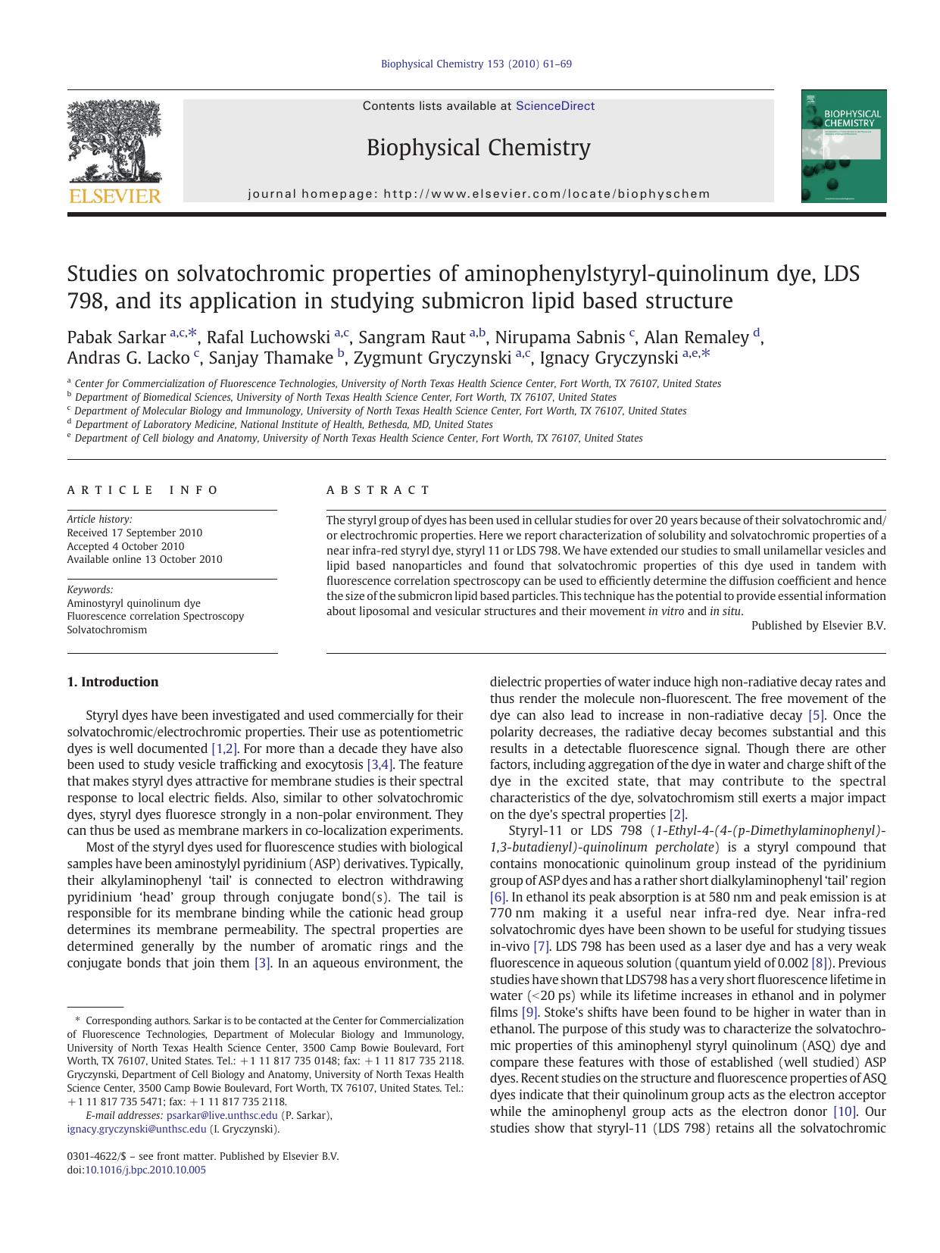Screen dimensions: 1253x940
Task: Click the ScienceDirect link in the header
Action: pos(554,106)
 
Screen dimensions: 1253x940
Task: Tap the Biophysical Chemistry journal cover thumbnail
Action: pos(844,146)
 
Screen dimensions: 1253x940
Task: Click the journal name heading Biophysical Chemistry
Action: pos(478,147)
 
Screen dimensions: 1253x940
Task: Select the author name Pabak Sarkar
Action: pos(117,337)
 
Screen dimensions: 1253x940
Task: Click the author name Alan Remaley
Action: pos(695,337)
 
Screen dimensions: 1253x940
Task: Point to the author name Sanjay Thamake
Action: pos(270,358)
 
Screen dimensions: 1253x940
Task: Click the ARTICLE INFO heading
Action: pos(143,490)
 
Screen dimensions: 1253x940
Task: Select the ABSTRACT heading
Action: pos(378,490)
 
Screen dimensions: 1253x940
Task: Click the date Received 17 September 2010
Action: pos(135,533)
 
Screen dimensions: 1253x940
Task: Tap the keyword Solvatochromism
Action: pos(107,630)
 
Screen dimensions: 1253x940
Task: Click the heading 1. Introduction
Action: pos(113,682)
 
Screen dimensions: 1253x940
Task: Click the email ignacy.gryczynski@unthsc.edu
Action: pos(136,1129)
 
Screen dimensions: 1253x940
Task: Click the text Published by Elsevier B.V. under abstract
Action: pos(818,626)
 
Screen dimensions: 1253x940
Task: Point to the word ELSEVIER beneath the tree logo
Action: pos(114,196)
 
